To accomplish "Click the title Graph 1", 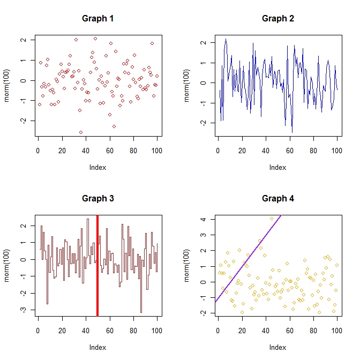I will point(97,19).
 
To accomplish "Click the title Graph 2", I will point(277,19).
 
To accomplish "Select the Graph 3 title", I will point(97,199).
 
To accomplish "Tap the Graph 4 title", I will point(277,199).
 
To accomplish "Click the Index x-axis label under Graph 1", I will point(97,167).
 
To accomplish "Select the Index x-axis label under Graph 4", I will point(277,347).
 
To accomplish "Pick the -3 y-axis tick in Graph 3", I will point(24,310).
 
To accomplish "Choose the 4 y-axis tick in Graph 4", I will point(204,219).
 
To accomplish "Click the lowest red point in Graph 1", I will point(81,132).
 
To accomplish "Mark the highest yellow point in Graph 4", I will point(272,219).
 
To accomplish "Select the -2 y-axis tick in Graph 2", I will point(204,123).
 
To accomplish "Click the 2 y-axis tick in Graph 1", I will point(24,40).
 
